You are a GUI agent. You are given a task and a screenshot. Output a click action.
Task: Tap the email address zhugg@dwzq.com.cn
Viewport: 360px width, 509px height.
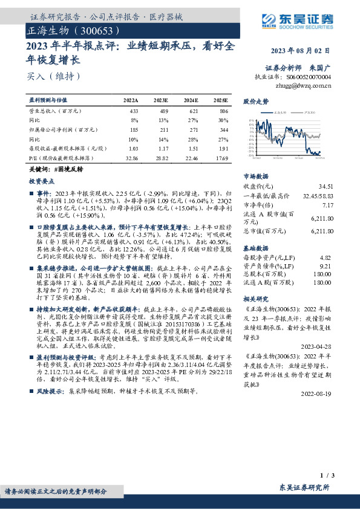click(x=303, y=86)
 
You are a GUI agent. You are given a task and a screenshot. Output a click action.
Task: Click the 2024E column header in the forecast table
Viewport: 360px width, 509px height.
click(x=191, y=100)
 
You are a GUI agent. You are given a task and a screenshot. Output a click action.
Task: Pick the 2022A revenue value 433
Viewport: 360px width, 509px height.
click(x=134, y=112)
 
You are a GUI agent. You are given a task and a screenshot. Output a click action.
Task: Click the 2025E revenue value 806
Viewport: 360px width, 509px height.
click(x=223, y=112)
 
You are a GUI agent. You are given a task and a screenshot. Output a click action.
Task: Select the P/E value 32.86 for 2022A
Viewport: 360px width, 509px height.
click(x=131, y=157)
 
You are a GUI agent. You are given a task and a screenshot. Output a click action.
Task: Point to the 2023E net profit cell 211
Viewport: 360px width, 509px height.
click(x=164, y=130)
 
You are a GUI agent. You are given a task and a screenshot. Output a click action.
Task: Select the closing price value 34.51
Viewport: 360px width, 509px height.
click(x=326, y=186)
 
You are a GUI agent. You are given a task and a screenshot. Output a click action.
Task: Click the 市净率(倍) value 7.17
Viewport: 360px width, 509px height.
click(x=327, y=205)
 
